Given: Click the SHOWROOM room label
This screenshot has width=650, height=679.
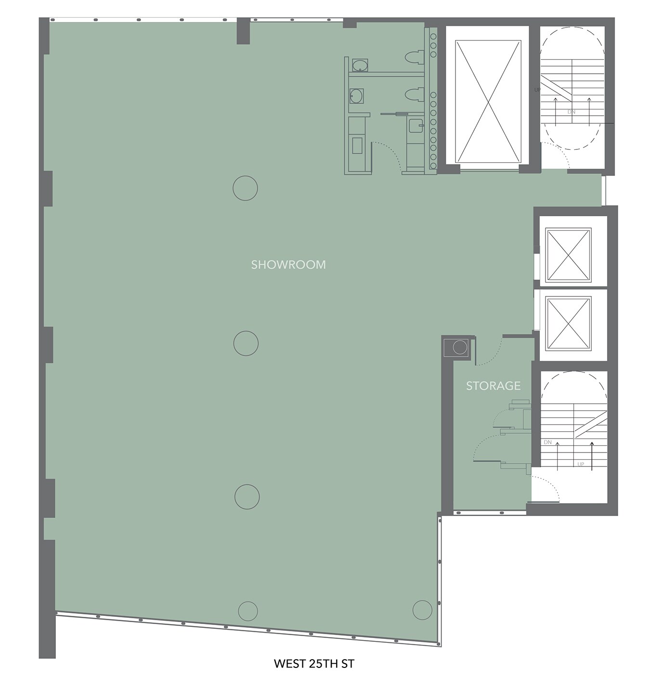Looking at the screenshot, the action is (x=288, y=265).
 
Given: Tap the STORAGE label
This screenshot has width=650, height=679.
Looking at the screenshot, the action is (x=493, y=386).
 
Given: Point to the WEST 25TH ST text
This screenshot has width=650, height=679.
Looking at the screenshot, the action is (x=314, y=663).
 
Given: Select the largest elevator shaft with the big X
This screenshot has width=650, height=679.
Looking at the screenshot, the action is (x=488, y=101).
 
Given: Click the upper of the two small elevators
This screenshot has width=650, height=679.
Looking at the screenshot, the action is (x=568, y=255).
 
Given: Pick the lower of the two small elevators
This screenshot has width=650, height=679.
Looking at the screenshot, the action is (x=568, y=323).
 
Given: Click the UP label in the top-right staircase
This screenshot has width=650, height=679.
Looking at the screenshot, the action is (x=537, y=90).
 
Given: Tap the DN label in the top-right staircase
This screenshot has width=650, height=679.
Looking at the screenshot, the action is (x=571, y=112).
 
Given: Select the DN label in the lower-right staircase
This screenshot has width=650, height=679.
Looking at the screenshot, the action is (x=547, y=442).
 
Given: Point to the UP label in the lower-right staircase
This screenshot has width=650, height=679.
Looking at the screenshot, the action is (x=581, y=464).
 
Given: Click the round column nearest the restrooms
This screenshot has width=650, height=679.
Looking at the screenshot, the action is (x=246, y=188).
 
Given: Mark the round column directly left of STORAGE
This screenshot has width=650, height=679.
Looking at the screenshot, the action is (x=246, y=343).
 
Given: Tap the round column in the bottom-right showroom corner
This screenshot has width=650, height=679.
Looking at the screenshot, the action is (x=422, y=610).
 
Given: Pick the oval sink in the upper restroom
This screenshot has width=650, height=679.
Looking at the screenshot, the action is (x=360, y=65).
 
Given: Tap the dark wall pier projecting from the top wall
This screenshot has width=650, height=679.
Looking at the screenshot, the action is (x=243, y=31).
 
